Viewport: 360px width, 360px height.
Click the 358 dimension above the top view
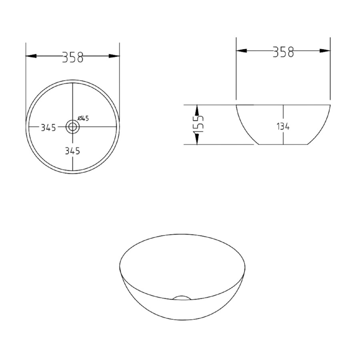click(73, 57)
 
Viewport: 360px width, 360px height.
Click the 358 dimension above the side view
click(283, 52)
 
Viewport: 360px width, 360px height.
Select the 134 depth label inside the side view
click(283, 127)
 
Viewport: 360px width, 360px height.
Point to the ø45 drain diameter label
click(83, 118)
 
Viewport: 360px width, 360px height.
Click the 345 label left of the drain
click(48, 128)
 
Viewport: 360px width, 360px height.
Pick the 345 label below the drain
click(72, 151)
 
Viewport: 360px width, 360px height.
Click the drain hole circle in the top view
click(73, 127)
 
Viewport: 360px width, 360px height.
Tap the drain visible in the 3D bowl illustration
click(182, 298)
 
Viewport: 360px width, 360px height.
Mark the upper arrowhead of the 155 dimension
click(196, 110)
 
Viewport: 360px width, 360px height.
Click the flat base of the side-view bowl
click(283, 144)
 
